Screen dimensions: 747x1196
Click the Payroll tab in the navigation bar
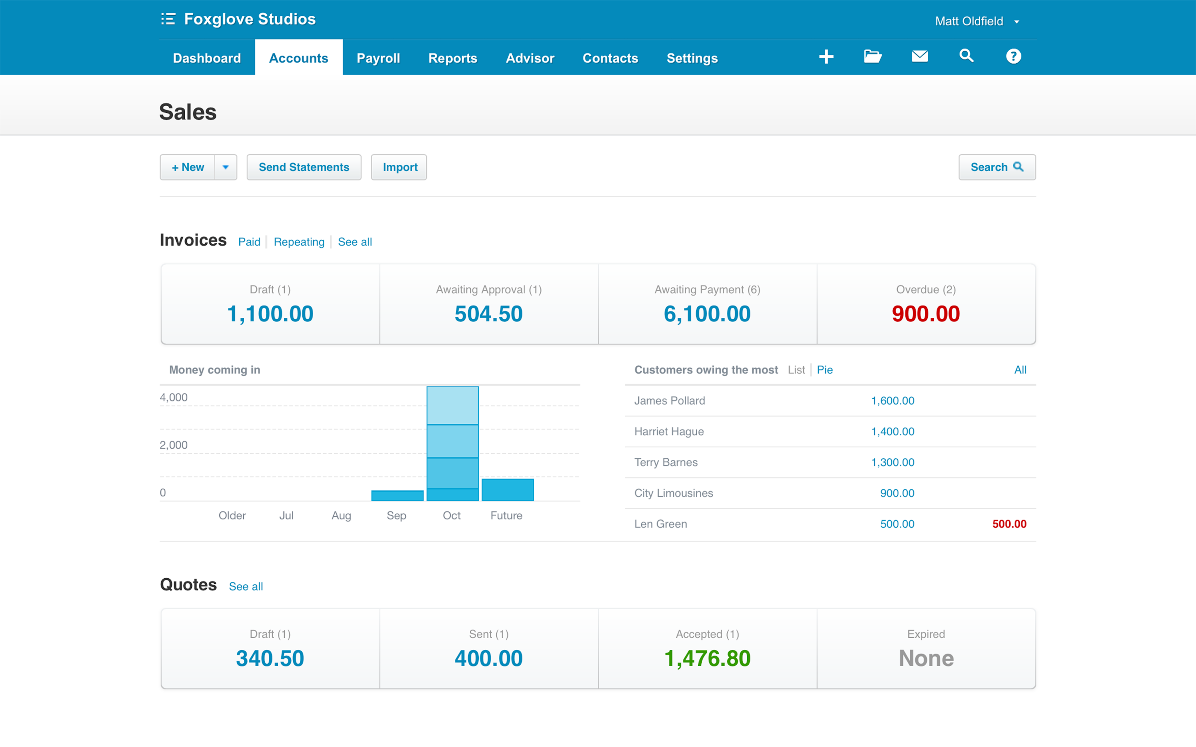click(378, 58)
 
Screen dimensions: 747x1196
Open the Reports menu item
click(452, 58)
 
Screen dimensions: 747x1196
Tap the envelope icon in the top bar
click(919, 56)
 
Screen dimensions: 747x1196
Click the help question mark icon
click(1013, 56)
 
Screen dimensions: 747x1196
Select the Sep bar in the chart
click(397, 495)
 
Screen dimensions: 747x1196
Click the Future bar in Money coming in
click(507, 490)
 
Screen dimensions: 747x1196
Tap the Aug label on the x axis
click(341, 516)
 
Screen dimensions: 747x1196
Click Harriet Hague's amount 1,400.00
click(892, 432)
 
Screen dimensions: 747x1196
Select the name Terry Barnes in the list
click(666, 462)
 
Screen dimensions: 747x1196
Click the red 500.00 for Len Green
click(1009, 524)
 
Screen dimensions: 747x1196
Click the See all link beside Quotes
click(246, 586)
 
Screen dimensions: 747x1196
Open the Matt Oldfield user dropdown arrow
click(1016, 22)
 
